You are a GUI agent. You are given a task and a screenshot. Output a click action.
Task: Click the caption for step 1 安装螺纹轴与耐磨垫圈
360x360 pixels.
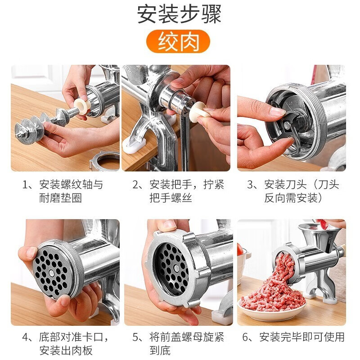click(66, 191)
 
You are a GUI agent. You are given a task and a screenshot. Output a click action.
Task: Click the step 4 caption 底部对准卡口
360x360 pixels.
click(66, 343)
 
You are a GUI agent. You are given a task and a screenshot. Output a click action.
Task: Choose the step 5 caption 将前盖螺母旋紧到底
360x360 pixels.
click(180, 343)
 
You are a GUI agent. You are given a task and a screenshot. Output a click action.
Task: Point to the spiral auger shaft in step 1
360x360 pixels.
click(40, 125)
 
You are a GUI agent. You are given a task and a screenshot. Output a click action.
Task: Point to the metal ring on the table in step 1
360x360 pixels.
click(104, 161)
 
